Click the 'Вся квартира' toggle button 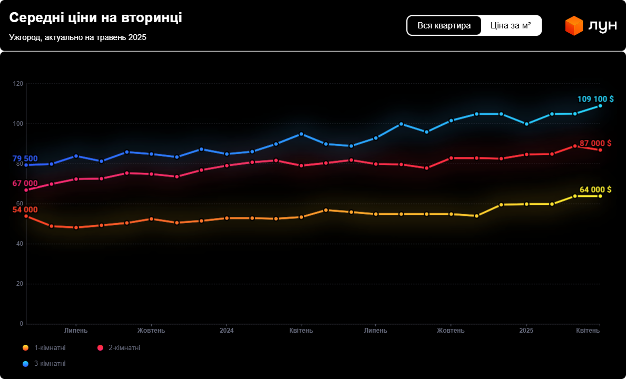pos(444,25)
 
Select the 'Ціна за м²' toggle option pos(511,25)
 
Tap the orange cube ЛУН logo pos(574,26)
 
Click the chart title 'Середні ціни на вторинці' pos(95,17)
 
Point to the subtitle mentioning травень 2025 pos(77,37)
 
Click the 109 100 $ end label pos(595,99)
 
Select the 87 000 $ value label pos(595,143)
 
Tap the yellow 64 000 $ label pos(595,189)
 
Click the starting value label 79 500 pos(25,159)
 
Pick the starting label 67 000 pos(25,183)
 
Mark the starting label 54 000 pos(25,210)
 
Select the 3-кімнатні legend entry pos(50,364)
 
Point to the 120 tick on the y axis pos(18,84)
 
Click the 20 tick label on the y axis pos(19,284)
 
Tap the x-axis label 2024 pos(227,331)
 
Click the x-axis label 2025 pos(526,331)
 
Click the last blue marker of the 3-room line pos(600,106)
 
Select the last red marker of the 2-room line pos(600,150)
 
